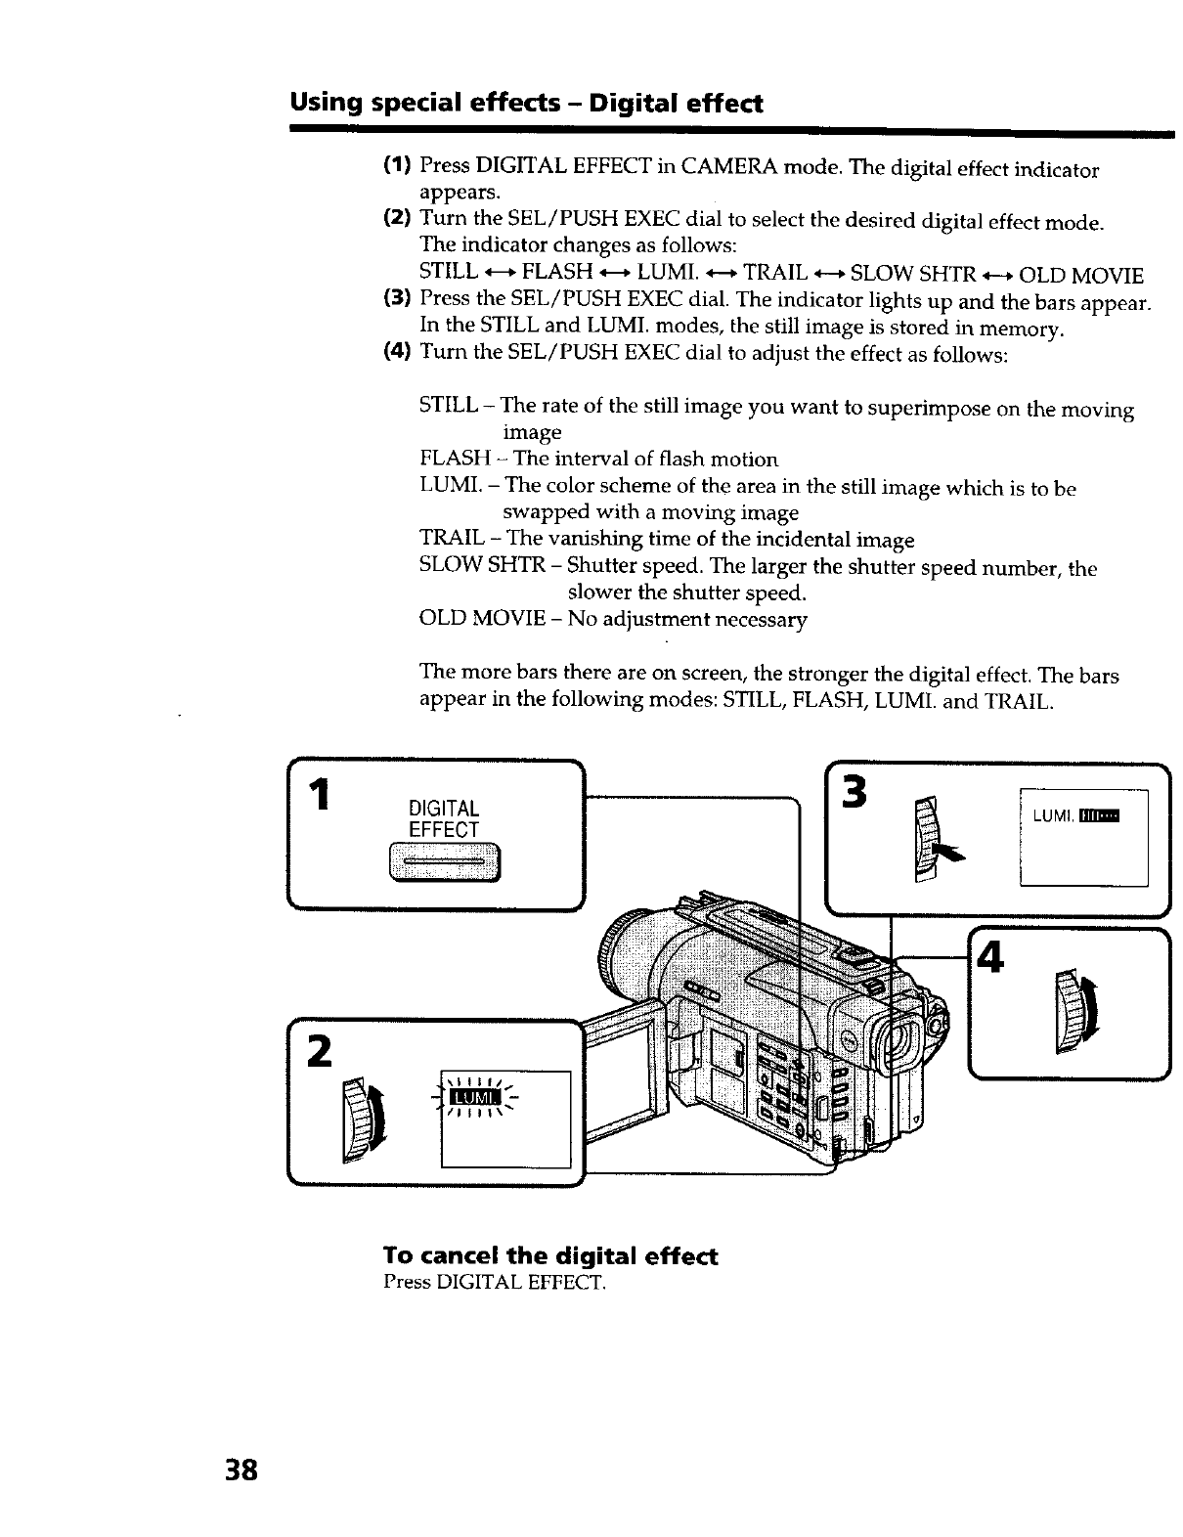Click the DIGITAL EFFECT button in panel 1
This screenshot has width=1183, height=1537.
pyautogui.click(x=444, y=862)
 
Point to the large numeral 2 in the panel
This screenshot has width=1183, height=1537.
pyautogui.click(x=318, y=1052)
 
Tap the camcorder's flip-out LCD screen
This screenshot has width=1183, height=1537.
pyautogui.click(x=622, y=1072)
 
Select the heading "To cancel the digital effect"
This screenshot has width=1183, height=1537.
pyautogui.click(x=550, y=1255)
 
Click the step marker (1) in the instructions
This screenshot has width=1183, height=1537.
pyautogui.click(x=395, y=168)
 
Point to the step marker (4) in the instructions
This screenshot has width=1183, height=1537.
pyautogui.click(x=395, y=352)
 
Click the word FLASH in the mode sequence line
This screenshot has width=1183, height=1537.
pyautogui.click(x=557, y=272)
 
